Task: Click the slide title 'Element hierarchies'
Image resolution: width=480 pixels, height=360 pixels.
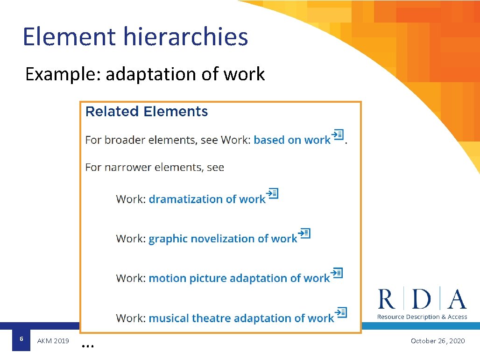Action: coord(135,37)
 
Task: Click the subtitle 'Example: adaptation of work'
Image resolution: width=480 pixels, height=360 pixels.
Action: coord(145,74)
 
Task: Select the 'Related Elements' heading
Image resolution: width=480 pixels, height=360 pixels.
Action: coord(147,112)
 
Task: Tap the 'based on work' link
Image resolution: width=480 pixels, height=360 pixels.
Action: coord(292,140)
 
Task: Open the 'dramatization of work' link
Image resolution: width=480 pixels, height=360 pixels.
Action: coord(207,199)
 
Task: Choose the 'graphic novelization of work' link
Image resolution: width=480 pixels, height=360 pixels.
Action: coord(223,239)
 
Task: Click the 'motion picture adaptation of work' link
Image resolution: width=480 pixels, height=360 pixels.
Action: coord(239,279)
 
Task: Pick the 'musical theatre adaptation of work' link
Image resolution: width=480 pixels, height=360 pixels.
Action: coord(241,318)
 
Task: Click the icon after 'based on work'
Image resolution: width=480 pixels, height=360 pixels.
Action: coord(338,135)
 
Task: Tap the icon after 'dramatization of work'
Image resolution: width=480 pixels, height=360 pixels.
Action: coord(272,193)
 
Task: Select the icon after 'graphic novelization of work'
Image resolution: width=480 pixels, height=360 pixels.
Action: coord(304,233)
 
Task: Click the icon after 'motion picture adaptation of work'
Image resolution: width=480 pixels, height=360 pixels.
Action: coord(337,273)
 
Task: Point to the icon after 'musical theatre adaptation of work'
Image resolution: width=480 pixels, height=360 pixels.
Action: coord(341,312)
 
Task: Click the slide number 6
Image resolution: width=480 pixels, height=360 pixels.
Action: coord(21,339)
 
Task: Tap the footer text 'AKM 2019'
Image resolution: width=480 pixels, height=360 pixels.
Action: coord(53,341)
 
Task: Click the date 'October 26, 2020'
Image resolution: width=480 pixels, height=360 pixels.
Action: coord(438,341)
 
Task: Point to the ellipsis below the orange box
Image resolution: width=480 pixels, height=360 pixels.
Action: coord(88,346)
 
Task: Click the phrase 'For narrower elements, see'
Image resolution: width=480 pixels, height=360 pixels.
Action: coord(155,168)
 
